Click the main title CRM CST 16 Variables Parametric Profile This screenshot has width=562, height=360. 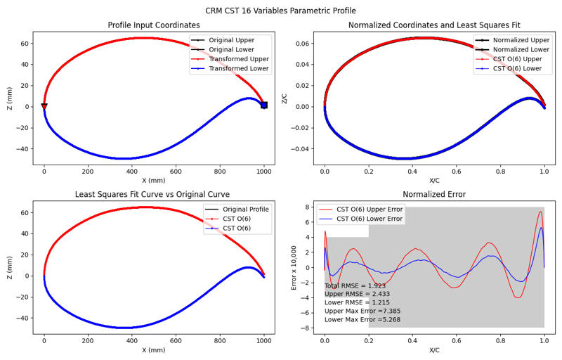[281, 11]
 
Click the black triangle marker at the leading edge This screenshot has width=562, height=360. [44, 107]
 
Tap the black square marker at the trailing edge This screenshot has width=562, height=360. [264, 105]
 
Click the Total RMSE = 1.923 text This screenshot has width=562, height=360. [355, 286]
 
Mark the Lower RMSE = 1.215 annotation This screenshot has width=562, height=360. [357, 302]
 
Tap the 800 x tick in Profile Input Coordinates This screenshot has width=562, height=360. [220, 171]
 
